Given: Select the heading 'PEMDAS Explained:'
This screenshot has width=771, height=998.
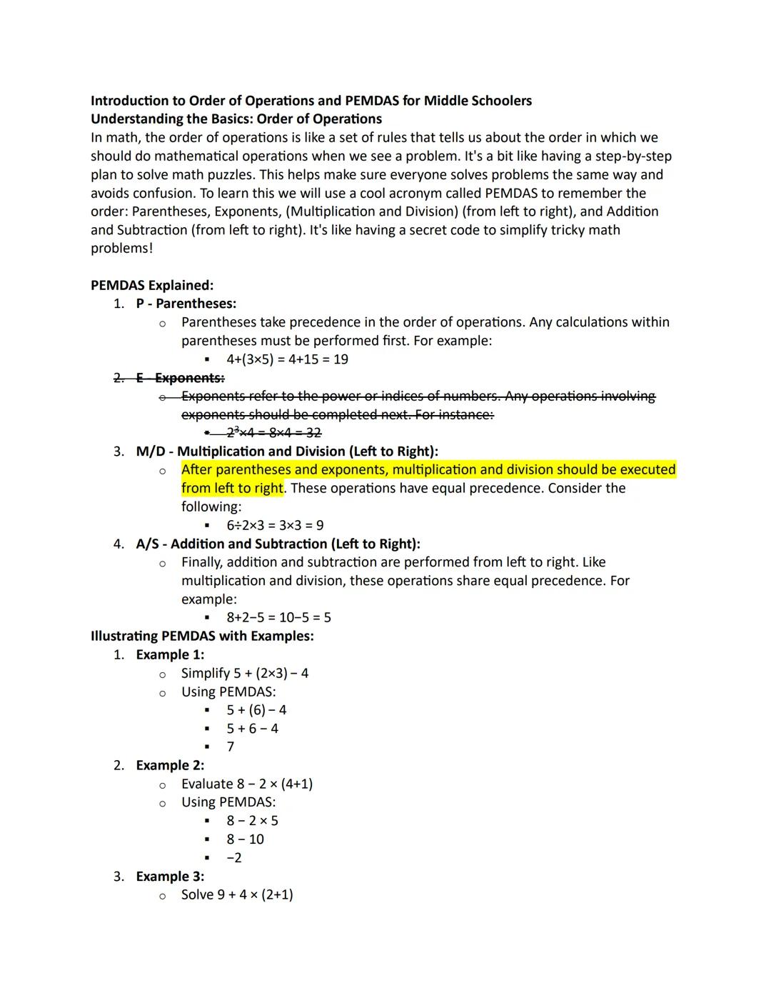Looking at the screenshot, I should pyautogui.click(x=151, y=285).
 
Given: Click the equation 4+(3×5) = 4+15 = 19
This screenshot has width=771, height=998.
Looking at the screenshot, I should pyautogui.click(x=287, y=359).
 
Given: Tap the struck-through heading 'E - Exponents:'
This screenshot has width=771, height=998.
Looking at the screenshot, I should pyautogui.click(x=180, y=378).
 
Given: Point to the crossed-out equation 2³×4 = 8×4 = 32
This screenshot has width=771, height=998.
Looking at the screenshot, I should pyautogui.click(x=273, y=433).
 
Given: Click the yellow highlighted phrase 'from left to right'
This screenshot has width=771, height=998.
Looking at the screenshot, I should pyautogui.click(x=232, y=489).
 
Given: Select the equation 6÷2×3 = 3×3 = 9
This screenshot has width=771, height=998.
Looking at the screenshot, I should pyautogui.click(x=275, y=525).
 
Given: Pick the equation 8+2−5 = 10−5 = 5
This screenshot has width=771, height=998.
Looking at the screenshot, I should pyautogui.click(x=278, y=618).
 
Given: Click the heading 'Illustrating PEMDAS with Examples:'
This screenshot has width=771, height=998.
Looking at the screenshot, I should pyautogui.click(x=202, y=636).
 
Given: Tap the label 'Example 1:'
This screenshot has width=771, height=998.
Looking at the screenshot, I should pyautogui.click(x=170, y=654).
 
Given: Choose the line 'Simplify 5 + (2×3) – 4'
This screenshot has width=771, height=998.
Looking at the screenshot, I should pyautogui.click(x=244, y=673).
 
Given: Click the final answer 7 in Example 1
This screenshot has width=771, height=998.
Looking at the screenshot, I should pyautogui.click(x=231, y=747).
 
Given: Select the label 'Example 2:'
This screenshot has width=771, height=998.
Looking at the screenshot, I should pyautogui.click(x=170, y=765).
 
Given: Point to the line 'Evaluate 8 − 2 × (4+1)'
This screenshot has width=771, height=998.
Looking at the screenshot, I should pyautogui.click(x=246, y=784).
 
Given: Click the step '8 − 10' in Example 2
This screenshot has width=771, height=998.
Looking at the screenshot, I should pyautogui.click(x=245, y=839).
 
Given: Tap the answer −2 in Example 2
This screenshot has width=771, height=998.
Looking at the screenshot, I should pyautogui.click(x=234, y=857).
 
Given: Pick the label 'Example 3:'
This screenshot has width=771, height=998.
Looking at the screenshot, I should pyautogui.click(x=170, y=877).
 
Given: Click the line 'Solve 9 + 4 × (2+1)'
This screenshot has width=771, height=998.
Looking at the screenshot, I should pyautogui.click(x=237, y=895).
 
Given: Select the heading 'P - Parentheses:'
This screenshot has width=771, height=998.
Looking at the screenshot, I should pyautogui.click(x=186, y=304).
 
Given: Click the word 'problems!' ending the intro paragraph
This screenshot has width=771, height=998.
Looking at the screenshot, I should pyautogui.click(x=121, y=249).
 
